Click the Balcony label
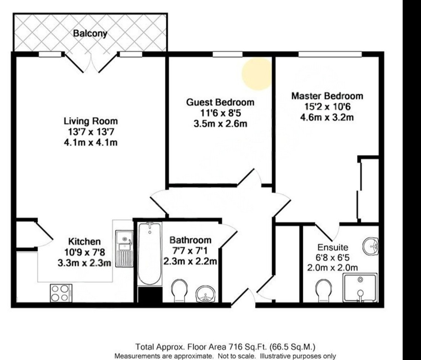[x=90, y=33]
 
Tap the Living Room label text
[x=90, y=121]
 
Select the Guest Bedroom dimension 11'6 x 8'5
[x=220, y=113]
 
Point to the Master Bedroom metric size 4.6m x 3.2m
[x=326, y=118]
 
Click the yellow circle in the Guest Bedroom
[x=257, y=73]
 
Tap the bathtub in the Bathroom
[x=149, y=255]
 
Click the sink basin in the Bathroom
[x=205, y=294]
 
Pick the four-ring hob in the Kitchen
[x=61, y=293]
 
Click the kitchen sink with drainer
[x=124, y=248]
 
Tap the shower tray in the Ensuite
[x=360, y=288]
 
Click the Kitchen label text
[x=84, y=241]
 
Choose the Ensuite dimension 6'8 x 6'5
[x=332, y=257]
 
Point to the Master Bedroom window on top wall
[x=330, y=54]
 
